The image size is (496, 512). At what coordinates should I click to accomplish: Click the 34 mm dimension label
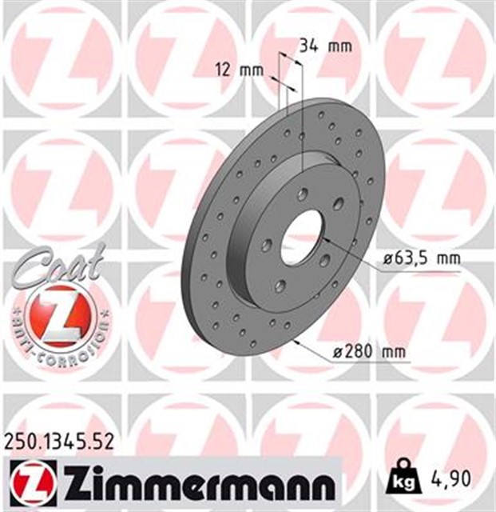tap(324, 46)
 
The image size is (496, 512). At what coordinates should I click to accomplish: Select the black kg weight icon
tap(403, 482)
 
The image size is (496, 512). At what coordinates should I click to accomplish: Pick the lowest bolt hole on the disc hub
tap(279, 286)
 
